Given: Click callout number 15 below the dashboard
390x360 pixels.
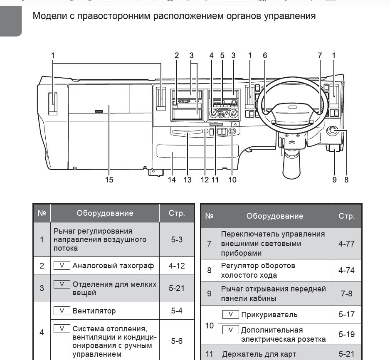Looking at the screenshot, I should coord(109,180).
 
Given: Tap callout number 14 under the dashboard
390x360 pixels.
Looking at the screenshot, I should coord(172,180).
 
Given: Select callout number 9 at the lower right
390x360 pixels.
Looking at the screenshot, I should coord(334,180).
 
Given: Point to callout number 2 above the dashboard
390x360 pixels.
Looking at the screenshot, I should coord(177,55).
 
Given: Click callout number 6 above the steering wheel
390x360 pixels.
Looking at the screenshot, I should coord(265,55).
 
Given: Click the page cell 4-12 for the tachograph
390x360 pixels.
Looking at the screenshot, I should coord(177,266).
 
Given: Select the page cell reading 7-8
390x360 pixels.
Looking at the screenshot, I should coord(346,293).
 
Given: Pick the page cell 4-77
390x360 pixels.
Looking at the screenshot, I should coord(346,244).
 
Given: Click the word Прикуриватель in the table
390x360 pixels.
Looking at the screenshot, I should coord(269,315).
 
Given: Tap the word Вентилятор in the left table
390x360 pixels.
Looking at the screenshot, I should coord(94,311).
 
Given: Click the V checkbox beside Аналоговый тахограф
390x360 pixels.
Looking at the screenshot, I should coord(62,265).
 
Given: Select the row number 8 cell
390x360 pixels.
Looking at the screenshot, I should coord(209,270).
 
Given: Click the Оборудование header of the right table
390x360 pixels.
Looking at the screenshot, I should coord(275,216).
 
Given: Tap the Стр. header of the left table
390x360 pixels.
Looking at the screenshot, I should coord(177,213).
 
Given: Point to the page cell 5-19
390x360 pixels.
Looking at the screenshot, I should coord(346,335).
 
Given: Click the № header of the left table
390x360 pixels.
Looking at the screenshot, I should coord(42,213).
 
